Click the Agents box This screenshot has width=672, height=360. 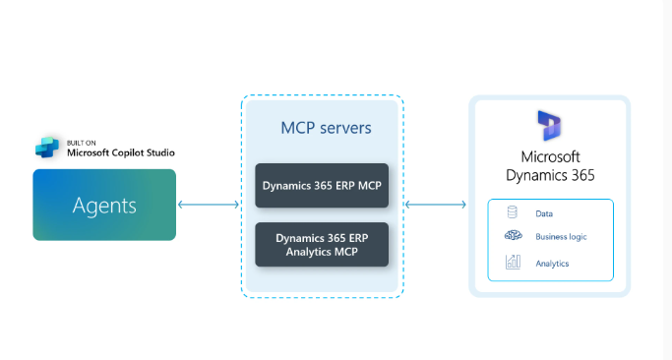pyautogui.click(x=104, y=205)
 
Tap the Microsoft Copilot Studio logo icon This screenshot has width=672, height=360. pyautogui.click(x=47, y=149)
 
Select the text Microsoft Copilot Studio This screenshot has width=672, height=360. pyautogui.click(x=121, y=152)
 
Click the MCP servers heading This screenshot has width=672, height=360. pyautogui.click(x=321, y=129)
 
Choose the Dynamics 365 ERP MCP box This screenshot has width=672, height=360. pyautogui.click(x=322, y=185)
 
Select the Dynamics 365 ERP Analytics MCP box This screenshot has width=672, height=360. pyautogui.click(x=322, y=244)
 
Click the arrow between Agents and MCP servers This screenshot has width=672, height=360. pyautogui.click(x=209, y=205)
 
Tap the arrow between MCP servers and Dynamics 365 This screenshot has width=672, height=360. pyautogui.click(x=435, y=205)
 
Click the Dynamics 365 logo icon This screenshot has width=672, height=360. pyautogui.click(x=549, y=127)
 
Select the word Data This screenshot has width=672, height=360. pyautogui.click(x=544, y=212)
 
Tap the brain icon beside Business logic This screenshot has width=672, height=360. pyautogui.click(x=513, y=237)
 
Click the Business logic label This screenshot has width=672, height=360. pyautogui.click(x=563, y=237)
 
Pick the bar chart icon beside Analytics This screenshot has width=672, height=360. pyautogui.click(x=513, y=263)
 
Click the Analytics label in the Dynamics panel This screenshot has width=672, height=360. pyautogui.click(x=552, y=264)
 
